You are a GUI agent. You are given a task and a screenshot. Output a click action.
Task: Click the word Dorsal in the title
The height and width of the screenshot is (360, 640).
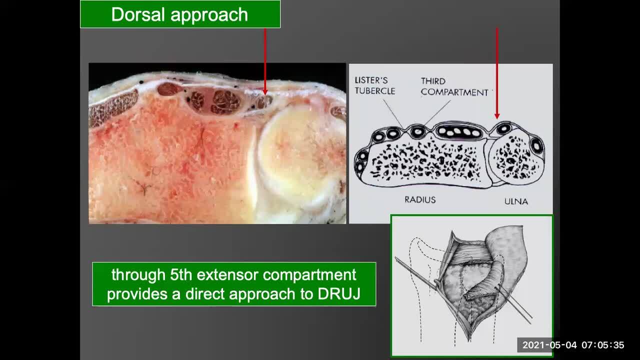[x=137, y=14]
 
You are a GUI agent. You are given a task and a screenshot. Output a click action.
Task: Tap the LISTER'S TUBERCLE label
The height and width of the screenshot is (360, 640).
[x=375, y=85]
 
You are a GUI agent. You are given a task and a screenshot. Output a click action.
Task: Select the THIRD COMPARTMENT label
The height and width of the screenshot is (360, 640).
[x=454, y=86]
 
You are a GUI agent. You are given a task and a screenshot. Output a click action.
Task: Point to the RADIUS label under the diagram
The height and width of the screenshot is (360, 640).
[x=420, y=199]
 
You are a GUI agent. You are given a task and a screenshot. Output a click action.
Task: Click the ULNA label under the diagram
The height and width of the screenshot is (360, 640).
[x=516, y=201]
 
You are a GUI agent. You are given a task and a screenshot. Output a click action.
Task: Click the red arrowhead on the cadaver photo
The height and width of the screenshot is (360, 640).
[x=265, y=92]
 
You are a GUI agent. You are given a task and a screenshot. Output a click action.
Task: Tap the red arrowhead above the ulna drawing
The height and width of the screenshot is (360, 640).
[x=497, y=116]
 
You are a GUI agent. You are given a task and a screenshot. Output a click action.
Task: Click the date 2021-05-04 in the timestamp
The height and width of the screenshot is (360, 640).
[x=549, y=345]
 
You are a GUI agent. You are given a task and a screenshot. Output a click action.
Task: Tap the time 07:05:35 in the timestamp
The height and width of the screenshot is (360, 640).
[x=603, y=345]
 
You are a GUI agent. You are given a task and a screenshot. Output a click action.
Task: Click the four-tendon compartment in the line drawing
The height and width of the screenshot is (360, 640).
[x=458, y=131]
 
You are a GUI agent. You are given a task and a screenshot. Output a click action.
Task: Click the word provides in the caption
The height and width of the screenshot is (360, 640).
[x=137, y=294]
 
